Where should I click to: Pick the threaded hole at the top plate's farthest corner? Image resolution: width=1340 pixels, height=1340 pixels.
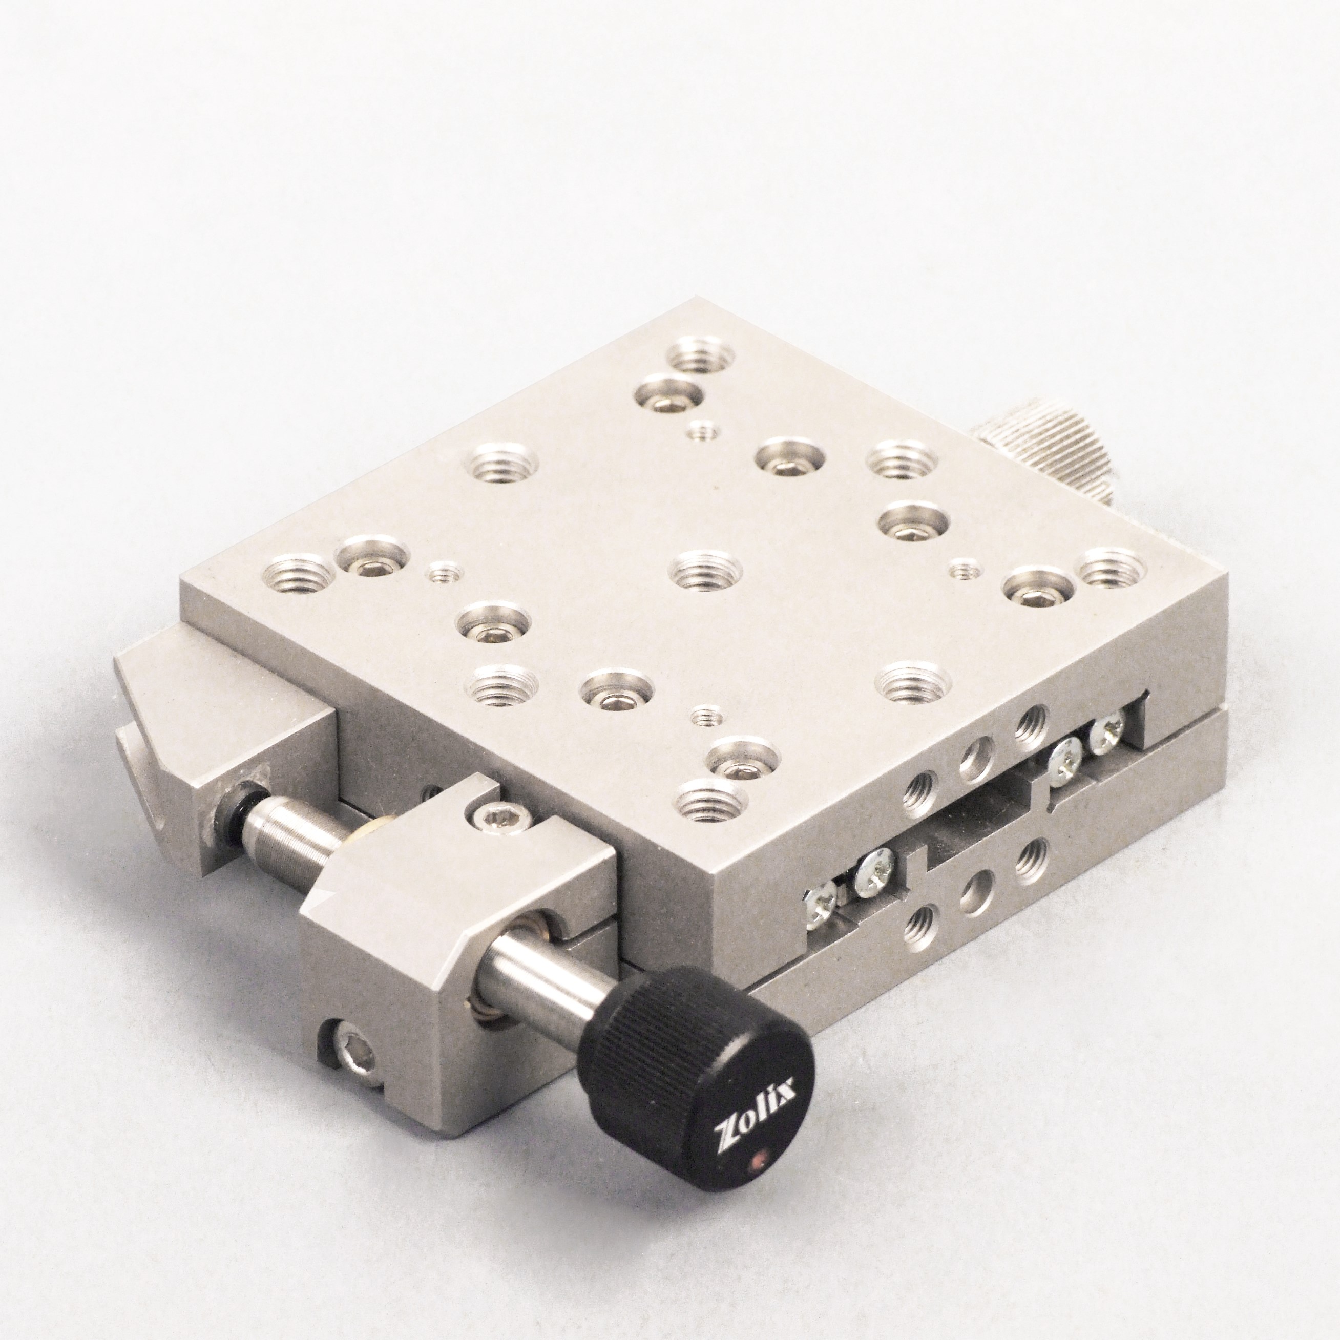[x=701, y=352]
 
